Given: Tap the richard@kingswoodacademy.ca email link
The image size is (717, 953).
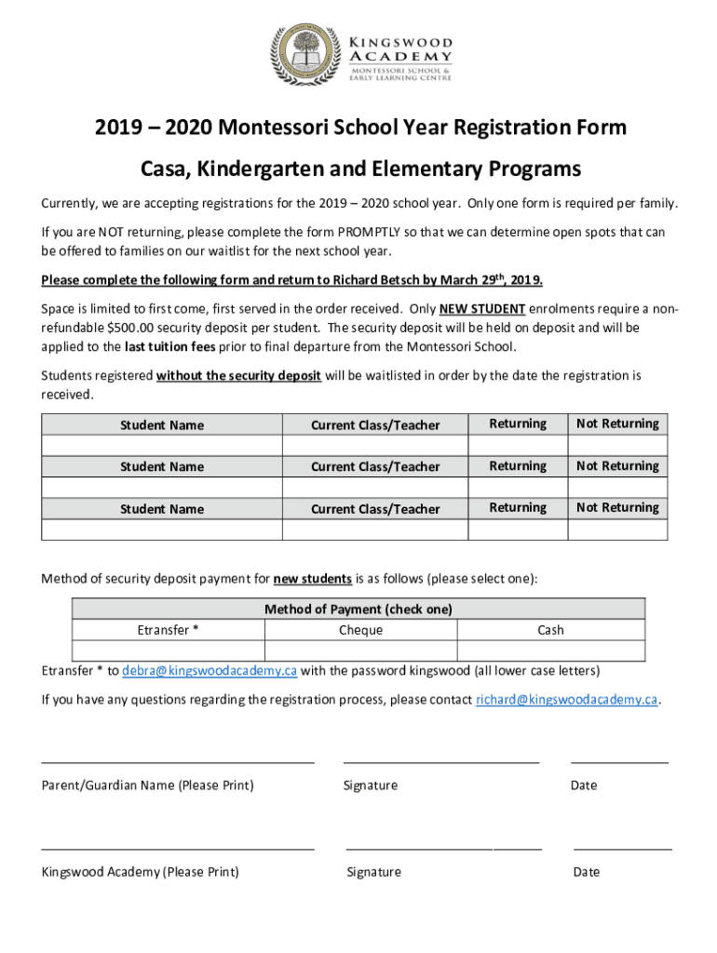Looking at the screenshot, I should pos(567,700).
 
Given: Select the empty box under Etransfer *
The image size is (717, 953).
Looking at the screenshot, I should pos(169,651).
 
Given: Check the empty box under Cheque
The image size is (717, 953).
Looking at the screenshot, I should pos(360,651).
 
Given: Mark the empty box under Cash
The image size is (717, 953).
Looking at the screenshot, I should pos(550,651).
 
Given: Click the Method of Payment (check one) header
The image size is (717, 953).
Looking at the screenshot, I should pos(358,610).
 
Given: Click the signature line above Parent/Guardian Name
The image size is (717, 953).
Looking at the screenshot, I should pos(178,761).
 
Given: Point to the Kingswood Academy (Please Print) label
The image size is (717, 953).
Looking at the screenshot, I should pos(140,872).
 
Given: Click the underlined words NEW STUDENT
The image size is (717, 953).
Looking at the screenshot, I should pos(489,309).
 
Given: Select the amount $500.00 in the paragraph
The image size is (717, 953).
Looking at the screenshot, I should pos(136,328).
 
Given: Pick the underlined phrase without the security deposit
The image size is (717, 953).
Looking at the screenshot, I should pos(239,376).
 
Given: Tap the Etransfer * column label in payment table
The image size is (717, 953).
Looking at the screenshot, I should pos(169,630).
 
